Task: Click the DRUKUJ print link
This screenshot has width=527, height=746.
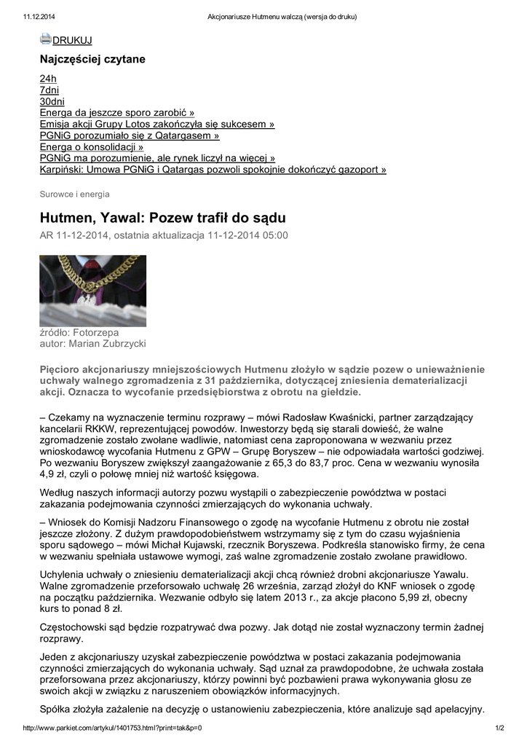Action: tap(72, 41)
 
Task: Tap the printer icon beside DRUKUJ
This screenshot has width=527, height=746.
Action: tap(45, 39)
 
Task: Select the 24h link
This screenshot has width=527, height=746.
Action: tap(48, 78)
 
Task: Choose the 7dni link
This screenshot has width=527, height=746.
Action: tap(49, 90)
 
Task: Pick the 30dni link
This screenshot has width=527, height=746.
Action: tap(52, 101)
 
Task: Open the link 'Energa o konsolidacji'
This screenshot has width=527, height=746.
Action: tap(91, 147)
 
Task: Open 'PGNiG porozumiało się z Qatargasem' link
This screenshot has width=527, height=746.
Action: tap(129, 136)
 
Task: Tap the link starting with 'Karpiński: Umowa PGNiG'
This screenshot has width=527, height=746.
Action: tap(213, 170)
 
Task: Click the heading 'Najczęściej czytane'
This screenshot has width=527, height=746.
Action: tap(92, 59)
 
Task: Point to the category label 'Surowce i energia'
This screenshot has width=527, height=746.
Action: tap(74, 194)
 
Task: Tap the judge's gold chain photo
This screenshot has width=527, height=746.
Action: tap(92, 290)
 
